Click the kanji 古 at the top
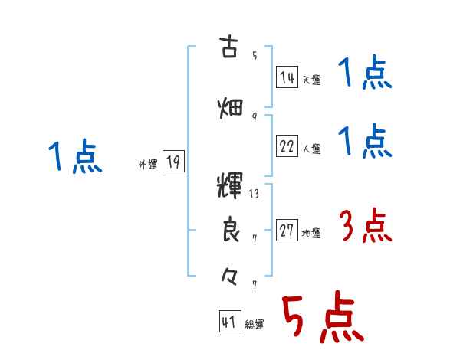coord(229,47)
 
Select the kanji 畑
coord(230,107)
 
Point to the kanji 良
coord(230,230)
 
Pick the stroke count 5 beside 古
coord(255,55)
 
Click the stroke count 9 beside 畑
coord(254,116)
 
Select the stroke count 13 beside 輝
coord(255,194)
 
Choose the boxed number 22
coord(287,146)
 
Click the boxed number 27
coord(287,231)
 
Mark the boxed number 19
coord(173,162)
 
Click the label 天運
coord(311,80)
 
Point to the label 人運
coord(311,149)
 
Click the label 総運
coord(255,325)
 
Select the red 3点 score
coord(365,227)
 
